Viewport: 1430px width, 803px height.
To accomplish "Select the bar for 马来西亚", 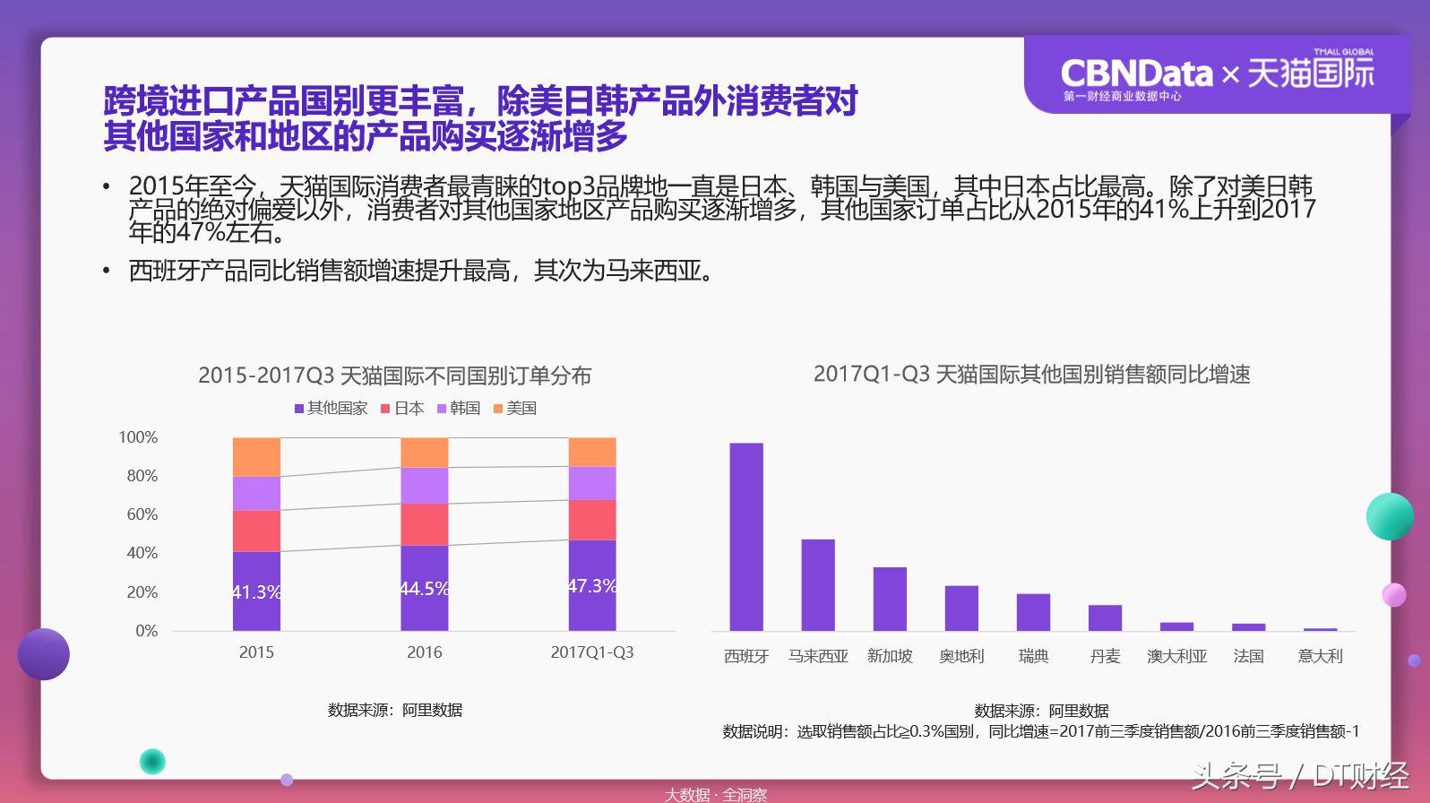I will tap(818, 584).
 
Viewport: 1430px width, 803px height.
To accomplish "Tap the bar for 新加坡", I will tap(890, 599).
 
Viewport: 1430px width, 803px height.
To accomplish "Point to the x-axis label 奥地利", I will tap(961, 656).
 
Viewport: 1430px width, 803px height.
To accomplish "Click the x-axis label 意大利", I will tap(1320, 656).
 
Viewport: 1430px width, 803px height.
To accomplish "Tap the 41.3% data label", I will tap(256, 592).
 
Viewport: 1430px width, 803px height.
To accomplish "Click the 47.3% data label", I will tap(592, 586).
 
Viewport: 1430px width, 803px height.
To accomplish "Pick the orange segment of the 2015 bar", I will tap(256, 456).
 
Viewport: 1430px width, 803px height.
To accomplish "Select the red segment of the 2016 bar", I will tap(424, 524).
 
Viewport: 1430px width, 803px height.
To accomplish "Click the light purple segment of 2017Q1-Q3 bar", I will tap(592, 483).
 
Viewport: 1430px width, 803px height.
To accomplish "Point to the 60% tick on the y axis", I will tap(142, 514).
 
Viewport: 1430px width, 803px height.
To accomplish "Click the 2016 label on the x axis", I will tap(424, 652).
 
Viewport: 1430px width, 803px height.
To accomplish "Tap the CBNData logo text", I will tap(1136, 73).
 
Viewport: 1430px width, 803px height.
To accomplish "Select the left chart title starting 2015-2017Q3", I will tap(394, 376).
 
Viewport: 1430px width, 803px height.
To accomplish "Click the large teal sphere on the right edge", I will tap(1389, 516).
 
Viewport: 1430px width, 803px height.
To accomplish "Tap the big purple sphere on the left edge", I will tap(43, 654).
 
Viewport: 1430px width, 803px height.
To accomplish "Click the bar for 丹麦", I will tap(1105, 617).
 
